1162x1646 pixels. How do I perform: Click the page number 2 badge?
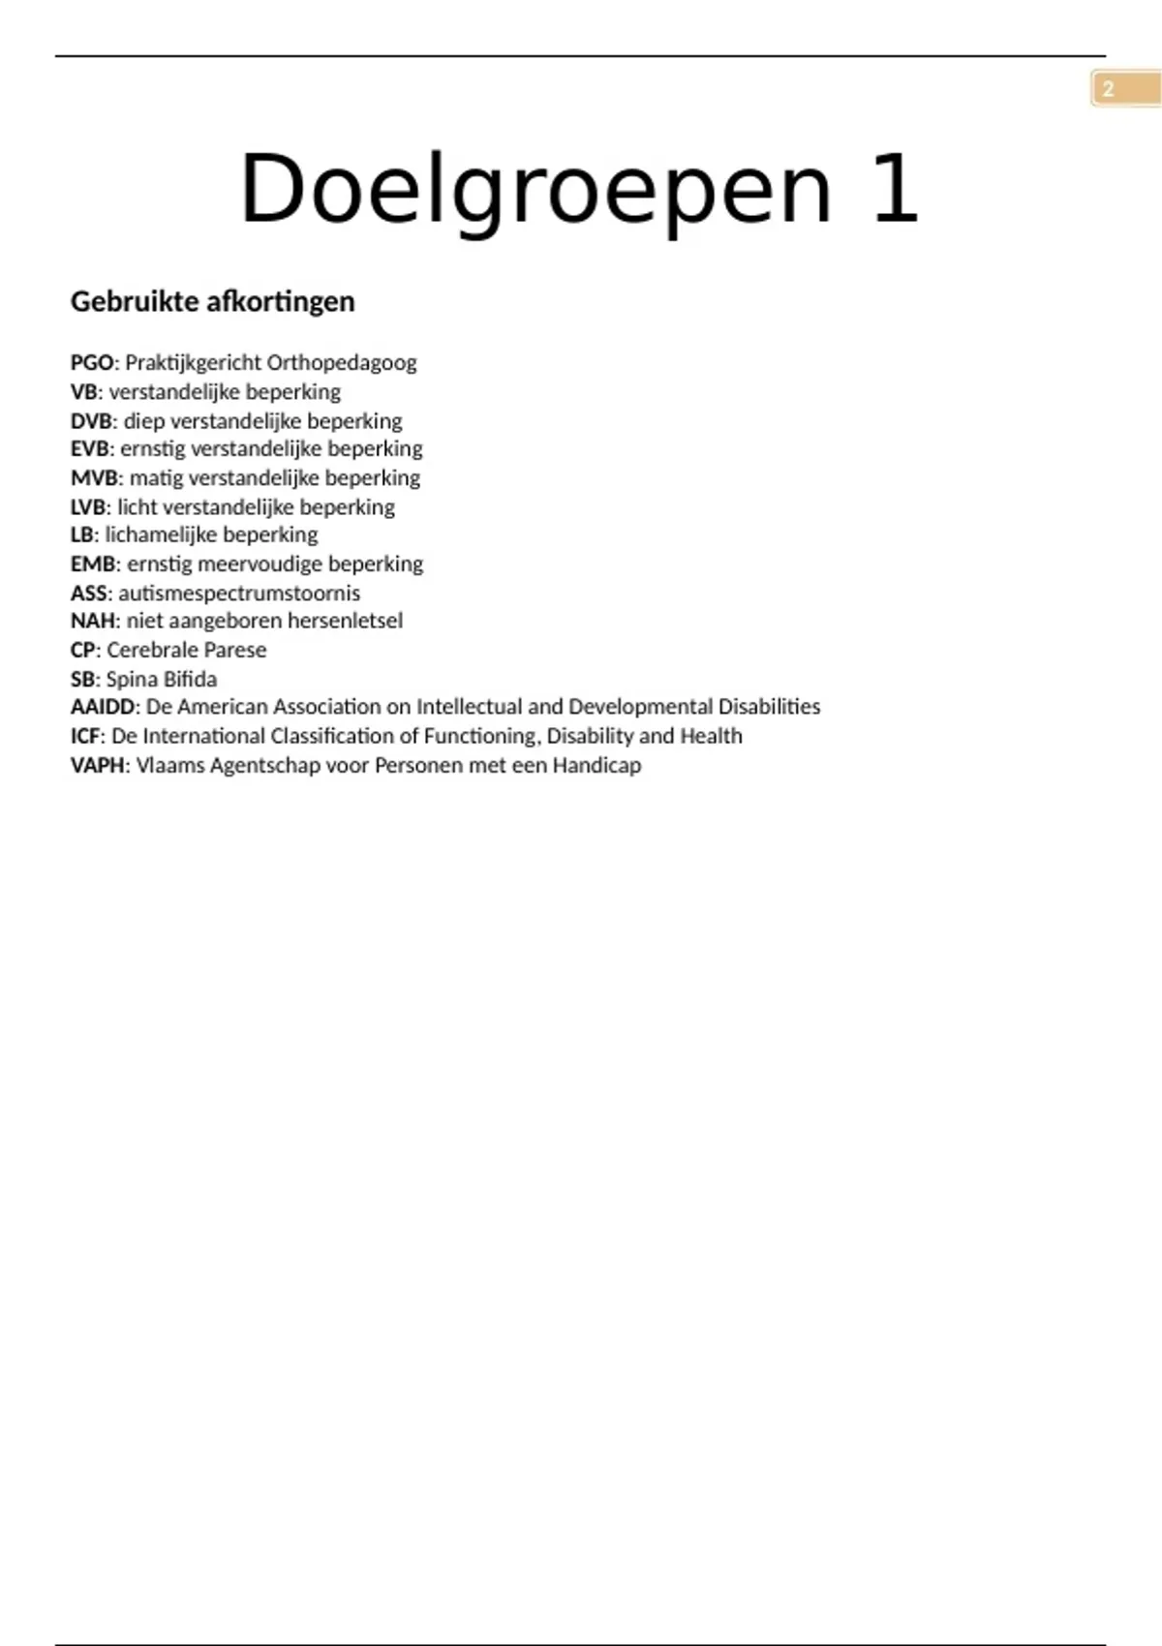click(1109, 89)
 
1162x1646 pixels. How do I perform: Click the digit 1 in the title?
click(895, 189)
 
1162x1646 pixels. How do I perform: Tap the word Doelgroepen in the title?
click(535, 191)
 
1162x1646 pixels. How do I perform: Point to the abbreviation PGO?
click(92, 363)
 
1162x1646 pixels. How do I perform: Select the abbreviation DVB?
click(93, 421)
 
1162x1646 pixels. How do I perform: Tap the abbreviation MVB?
click(95, 478)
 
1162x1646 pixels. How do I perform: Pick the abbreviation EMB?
click(94, 564)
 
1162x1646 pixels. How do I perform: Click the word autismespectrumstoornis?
click(239, 593)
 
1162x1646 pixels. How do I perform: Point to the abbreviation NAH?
click(93, 622)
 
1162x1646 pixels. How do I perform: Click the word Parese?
click(235, 650)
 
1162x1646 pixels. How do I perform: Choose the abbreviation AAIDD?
click(103, 707)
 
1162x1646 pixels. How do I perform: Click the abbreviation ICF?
click(85, 736)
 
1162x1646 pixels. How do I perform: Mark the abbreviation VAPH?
click(98, 765)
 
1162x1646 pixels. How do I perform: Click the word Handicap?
click(596, 765)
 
